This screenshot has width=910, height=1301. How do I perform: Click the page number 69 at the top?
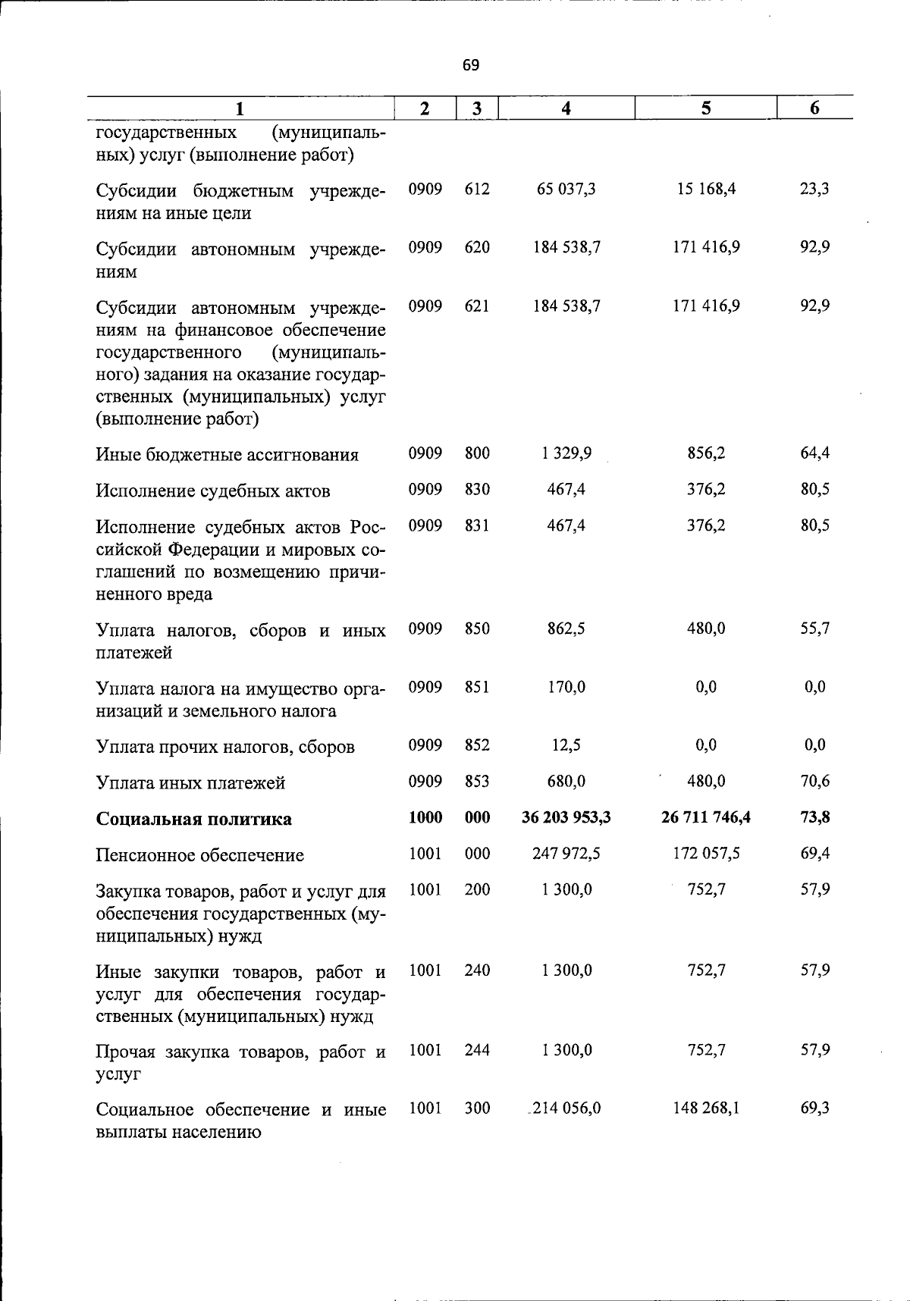point(470,65)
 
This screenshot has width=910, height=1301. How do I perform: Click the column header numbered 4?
point(566,108)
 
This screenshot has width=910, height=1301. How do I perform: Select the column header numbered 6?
point(814,108)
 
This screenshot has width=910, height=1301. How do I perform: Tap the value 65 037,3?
point(566,189)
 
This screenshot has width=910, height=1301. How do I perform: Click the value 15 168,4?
point(706,189)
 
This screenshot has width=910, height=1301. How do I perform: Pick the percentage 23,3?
point(814,189)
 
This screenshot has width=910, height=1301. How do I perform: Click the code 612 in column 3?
point(477,189)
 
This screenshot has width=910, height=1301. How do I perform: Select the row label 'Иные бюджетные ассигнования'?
point(227,455)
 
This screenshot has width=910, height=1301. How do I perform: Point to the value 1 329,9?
point(566,453)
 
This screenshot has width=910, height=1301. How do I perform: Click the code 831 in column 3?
point(477,525)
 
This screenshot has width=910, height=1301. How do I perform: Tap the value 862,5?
point(566,629)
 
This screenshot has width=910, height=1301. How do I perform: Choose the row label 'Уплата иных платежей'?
point(190,783)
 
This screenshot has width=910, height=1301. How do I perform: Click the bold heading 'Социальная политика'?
point(193,820)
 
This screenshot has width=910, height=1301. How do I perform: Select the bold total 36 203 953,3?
point(566,817)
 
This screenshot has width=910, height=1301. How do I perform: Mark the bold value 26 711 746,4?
point(706,817)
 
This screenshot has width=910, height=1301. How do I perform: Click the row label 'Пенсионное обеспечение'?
point(199,855)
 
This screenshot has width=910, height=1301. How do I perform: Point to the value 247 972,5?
point(566,854)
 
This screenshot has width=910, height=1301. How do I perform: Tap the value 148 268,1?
point(706,1108)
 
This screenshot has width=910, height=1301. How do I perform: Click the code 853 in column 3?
point(477,781)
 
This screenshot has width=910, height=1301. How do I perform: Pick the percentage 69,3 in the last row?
point(814,1108)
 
